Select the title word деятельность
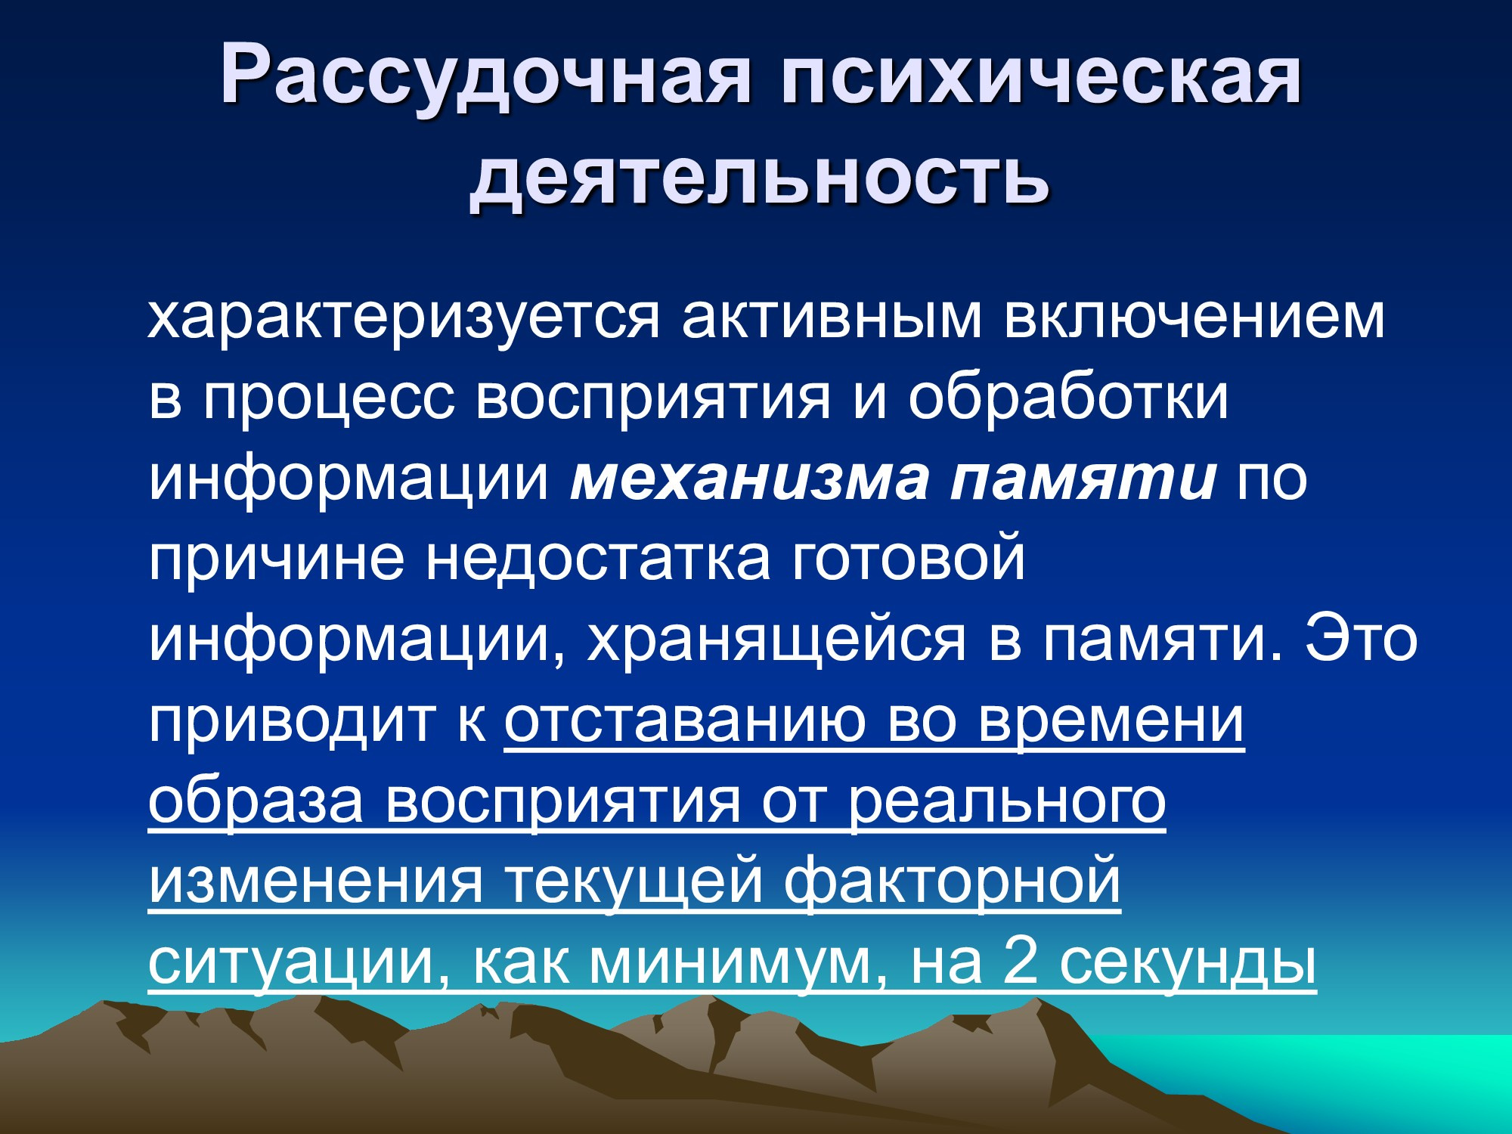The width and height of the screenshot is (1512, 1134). (x=759, y=177)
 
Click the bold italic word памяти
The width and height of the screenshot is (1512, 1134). (x=1083, y=479)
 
